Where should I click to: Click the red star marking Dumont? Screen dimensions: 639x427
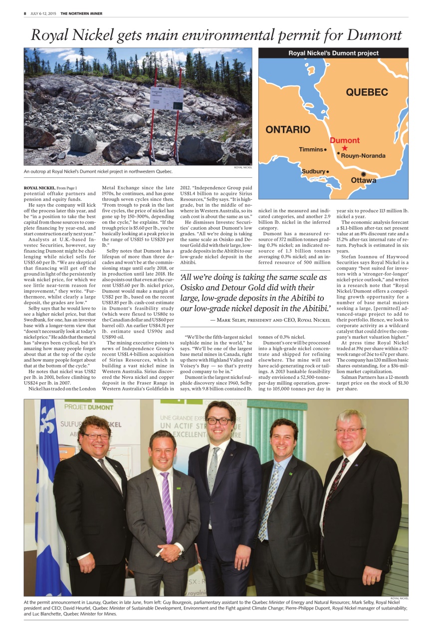coord(344,148)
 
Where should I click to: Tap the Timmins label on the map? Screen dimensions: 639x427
coord(311,149)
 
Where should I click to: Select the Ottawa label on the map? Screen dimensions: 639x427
coord(364,180)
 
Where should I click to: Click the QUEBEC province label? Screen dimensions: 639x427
coord(367,92)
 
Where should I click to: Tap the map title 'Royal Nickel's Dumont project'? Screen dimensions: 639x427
coord(333,53)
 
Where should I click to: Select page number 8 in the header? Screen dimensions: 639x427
coord(25,13)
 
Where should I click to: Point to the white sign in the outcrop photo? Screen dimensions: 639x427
coord(166,98)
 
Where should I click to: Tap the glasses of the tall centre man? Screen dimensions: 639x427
coord(219,421)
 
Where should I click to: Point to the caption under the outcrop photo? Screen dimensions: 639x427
coord(98,172)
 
